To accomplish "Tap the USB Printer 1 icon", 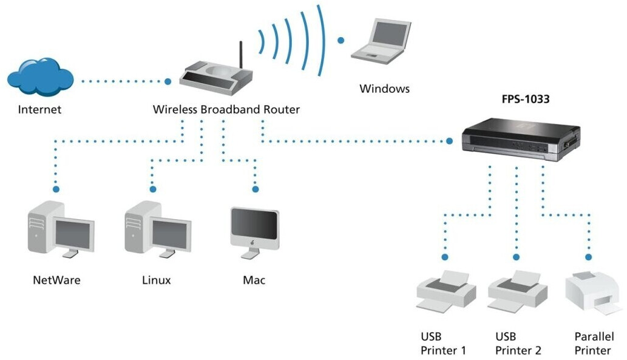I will tap(446, 292).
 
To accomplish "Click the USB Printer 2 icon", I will tap(518, 292).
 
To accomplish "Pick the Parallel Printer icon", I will tap(592, 294).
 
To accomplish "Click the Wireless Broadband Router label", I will tap(226, 110).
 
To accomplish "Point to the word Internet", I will tap(39, 110).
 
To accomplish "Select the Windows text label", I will tap(384, 89).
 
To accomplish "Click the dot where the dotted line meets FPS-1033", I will tap(450, 141).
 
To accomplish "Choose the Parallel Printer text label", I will tap(594, 344).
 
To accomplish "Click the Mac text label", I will tap(254, 280).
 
